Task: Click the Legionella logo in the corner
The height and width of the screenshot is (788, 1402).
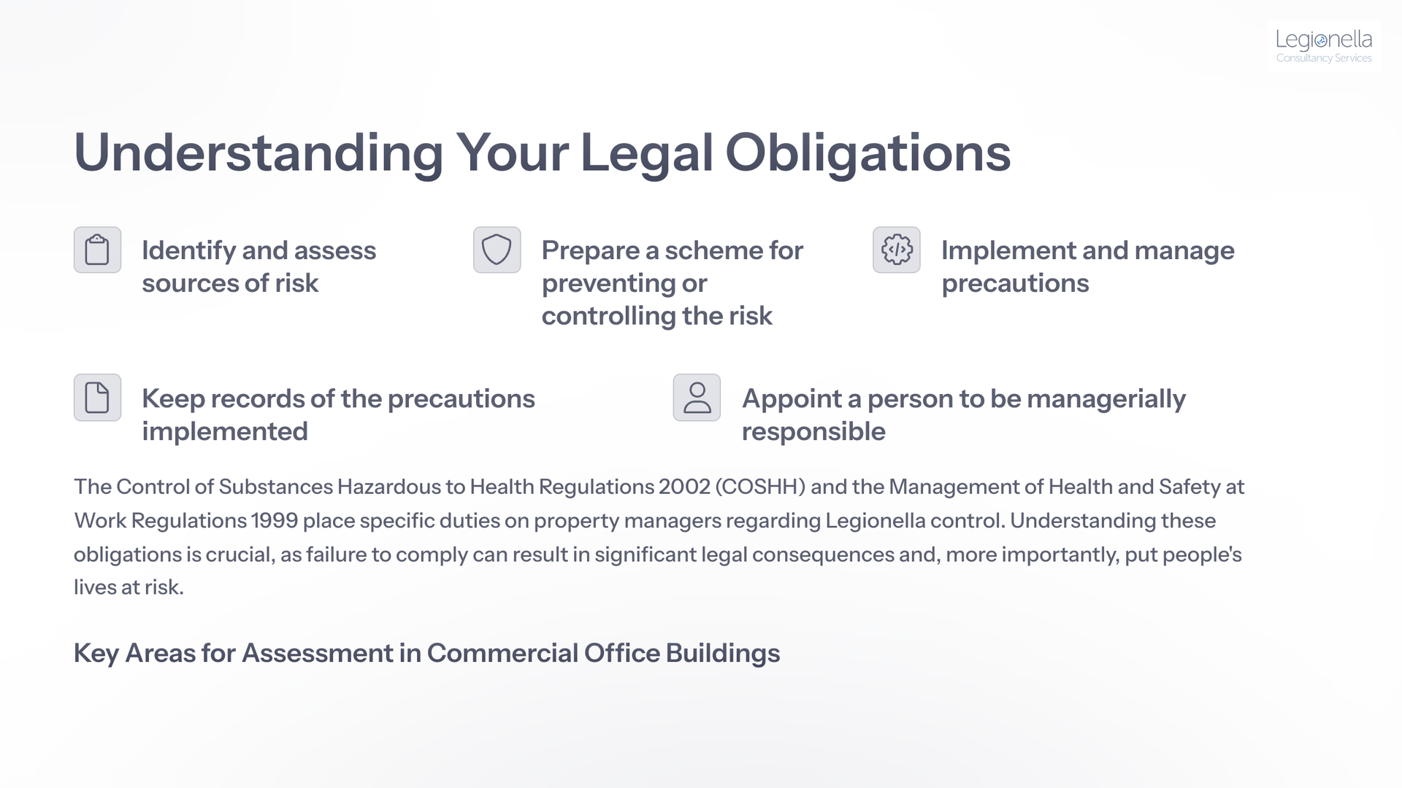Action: coord(1323,46)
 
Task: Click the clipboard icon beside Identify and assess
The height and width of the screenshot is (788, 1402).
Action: coord(97,250)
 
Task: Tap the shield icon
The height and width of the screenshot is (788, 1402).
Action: coord(497,250)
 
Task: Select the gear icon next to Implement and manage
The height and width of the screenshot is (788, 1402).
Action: coord(897,250)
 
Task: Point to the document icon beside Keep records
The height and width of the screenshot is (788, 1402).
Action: coord(97,398)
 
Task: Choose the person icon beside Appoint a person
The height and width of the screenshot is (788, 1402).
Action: coord(697,398)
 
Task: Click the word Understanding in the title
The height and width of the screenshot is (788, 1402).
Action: coord(258,153)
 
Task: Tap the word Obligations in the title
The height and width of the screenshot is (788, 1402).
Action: coord(867,153)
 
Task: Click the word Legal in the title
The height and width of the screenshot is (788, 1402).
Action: coord(646,153)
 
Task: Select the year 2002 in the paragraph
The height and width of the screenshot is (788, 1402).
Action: coord(684,487)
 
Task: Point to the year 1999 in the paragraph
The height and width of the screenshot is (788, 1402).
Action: coord(275,520)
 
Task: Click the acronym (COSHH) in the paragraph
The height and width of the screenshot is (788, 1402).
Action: coord(760,487)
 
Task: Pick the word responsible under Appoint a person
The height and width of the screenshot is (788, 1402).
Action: coord(813,432)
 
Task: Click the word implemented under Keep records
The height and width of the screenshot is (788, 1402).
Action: coord(225,432)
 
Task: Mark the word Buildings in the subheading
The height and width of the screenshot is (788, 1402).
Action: coord(723,654)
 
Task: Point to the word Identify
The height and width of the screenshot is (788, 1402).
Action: coord(188,251)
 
